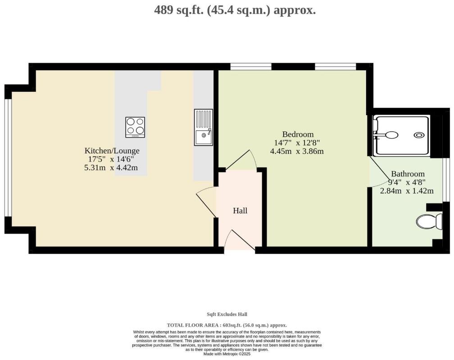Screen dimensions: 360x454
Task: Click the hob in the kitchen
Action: [135, 127]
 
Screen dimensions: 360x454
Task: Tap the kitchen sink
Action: [204, 127]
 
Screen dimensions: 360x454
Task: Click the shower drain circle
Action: [419, 135]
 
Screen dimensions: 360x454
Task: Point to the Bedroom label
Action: [298, 134]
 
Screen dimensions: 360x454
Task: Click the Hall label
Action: [240, 211]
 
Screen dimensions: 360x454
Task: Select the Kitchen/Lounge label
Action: [112, 151]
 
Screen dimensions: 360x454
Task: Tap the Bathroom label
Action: [408, 174]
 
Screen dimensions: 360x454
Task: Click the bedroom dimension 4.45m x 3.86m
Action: [297, 151]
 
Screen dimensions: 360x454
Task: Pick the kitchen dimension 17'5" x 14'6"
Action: [110, 159]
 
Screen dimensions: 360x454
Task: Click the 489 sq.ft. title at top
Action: [235, 10]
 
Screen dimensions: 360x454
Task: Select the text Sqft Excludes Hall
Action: [227, 314]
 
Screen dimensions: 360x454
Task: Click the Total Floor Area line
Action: [227, 325]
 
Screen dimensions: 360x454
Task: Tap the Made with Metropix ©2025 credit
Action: [227, 354]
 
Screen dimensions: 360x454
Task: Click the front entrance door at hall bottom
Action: [239, 241]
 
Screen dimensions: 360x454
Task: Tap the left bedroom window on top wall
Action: [251, 67]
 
